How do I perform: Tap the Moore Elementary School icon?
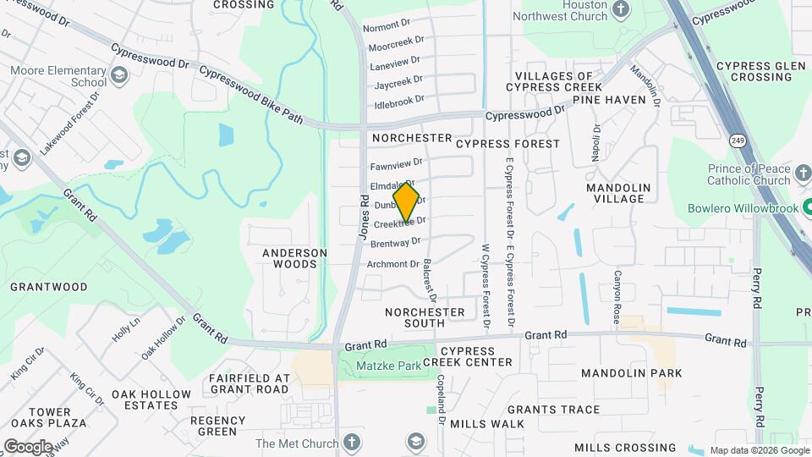pos(118,77)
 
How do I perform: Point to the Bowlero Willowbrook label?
pos(738,206)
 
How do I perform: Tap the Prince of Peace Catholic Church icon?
pos(803,179)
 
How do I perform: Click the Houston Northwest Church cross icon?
pos(622,9)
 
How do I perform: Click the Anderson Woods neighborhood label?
pos(294,258)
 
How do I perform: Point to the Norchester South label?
pos(425,317)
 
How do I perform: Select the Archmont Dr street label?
pos(392,264)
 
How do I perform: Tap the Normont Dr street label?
pos(387,27)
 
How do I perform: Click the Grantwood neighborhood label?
pos(49,287)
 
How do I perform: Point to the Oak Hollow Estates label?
pos(151,400)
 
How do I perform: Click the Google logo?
pos(27,446)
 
